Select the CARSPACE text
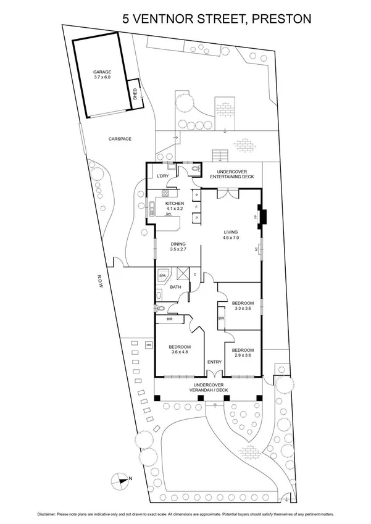point(120,139)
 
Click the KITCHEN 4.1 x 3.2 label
point(175,206)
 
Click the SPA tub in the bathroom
point(164,275)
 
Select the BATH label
point(175,287)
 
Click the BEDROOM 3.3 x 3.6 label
point(243,306)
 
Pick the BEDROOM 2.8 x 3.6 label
point(243,353)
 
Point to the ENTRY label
point(214,362)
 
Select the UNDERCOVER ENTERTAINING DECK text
point(229,175)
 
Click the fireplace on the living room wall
point(262,217)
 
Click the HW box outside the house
point(149,344)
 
